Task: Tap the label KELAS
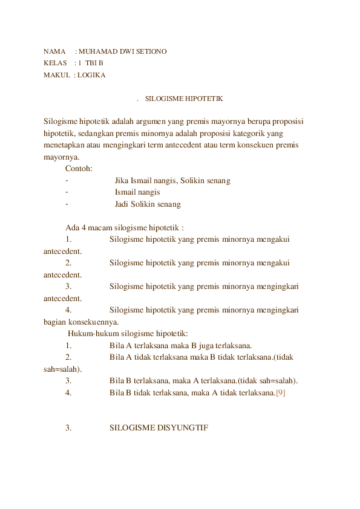[54, 63]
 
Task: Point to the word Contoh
[79, 169]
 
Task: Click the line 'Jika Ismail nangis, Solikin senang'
[172, 181]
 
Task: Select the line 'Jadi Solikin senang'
[148, 204]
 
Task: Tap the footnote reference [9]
[281, 393]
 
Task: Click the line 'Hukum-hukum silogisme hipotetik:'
[128, 334]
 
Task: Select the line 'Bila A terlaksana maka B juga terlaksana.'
[181, 346]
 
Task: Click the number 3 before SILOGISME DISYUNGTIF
[68, 428]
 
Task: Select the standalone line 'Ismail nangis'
[137, 192]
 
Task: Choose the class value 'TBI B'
[94, 63]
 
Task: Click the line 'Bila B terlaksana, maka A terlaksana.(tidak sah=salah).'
[204, 381]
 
